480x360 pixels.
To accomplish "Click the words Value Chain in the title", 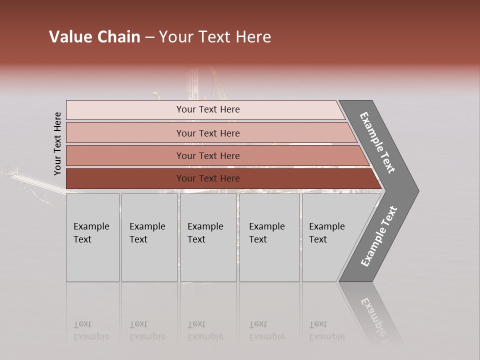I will click(x=94, y=37).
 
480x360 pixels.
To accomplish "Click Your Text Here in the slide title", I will click(x=215, y=37).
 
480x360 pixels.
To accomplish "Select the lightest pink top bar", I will click(x=125, y=110).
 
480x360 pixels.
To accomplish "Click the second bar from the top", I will click(x=125, y=133).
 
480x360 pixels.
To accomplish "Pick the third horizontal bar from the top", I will click(x=125, y=155).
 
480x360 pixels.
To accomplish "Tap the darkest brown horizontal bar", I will click(x=125, y=178).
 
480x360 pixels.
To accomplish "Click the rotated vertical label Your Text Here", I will click(x=57, y=143).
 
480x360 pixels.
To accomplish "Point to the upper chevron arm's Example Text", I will click(x=377, y=142).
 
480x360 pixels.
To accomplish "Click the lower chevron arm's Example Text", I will click(x=379, y=236).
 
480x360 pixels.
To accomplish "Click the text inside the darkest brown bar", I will click(x=208, y=178).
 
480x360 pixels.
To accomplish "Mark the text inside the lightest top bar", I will click(x=208, y=109).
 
